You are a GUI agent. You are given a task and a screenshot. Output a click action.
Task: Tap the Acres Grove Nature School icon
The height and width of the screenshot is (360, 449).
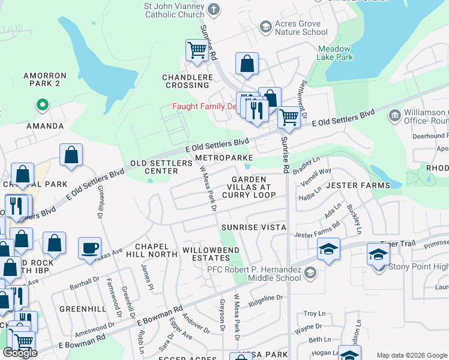(265, 27)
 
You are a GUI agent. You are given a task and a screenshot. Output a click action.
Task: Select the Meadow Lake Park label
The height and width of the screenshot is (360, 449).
(335, 53)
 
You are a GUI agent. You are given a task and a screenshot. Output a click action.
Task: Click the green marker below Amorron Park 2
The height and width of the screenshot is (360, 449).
(42, 106)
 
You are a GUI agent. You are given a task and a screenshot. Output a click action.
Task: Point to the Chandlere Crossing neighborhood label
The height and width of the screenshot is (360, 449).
(187, 81)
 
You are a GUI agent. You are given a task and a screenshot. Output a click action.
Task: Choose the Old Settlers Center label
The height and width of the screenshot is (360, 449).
(154, 167)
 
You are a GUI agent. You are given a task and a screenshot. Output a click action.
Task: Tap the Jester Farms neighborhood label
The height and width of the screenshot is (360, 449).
(358, 185)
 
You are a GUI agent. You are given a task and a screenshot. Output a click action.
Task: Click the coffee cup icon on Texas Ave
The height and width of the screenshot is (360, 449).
(89, 248)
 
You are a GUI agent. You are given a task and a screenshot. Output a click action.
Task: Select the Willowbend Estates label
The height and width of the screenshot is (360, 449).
(211, 254)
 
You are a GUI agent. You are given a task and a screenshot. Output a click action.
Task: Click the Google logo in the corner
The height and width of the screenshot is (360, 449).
(20, 352)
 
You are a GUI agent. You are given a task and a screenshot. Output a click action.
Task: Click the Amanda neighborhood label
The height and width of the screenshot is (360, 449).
(44, 126)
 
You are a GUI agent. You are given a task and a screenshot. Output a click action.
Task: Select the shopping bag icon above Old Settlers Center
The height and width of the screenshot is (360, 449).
(71, 155)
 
